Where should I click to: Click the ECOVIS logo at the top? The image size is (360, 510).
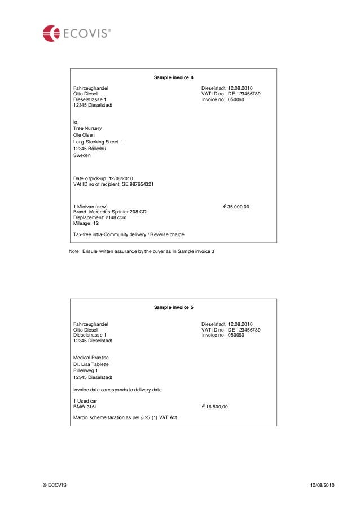76,33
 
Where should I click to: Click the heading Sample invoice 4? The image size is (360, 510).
174,77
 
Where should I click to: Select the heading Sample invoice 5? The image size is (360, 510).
174,307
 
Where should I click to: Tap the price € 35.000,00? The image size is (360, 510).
236,207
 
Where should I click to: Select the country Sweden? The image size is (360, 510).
82,155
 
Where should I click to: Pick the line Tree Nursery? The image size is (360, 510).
87,128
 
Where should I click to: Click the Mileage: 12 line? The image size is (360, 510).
86,223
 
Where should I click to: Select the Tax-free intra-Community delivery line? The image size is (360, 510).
129,234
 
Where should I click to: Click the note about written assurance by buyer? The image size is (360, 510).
142,251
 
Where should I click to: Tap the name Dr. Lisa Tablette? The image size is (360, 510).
91,364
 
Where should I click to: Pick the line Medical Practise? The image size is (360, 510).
91,358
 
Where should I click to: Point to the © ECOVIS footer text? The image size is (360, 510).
54,486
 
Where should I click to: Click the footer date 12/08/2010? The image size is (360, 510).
322,486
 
